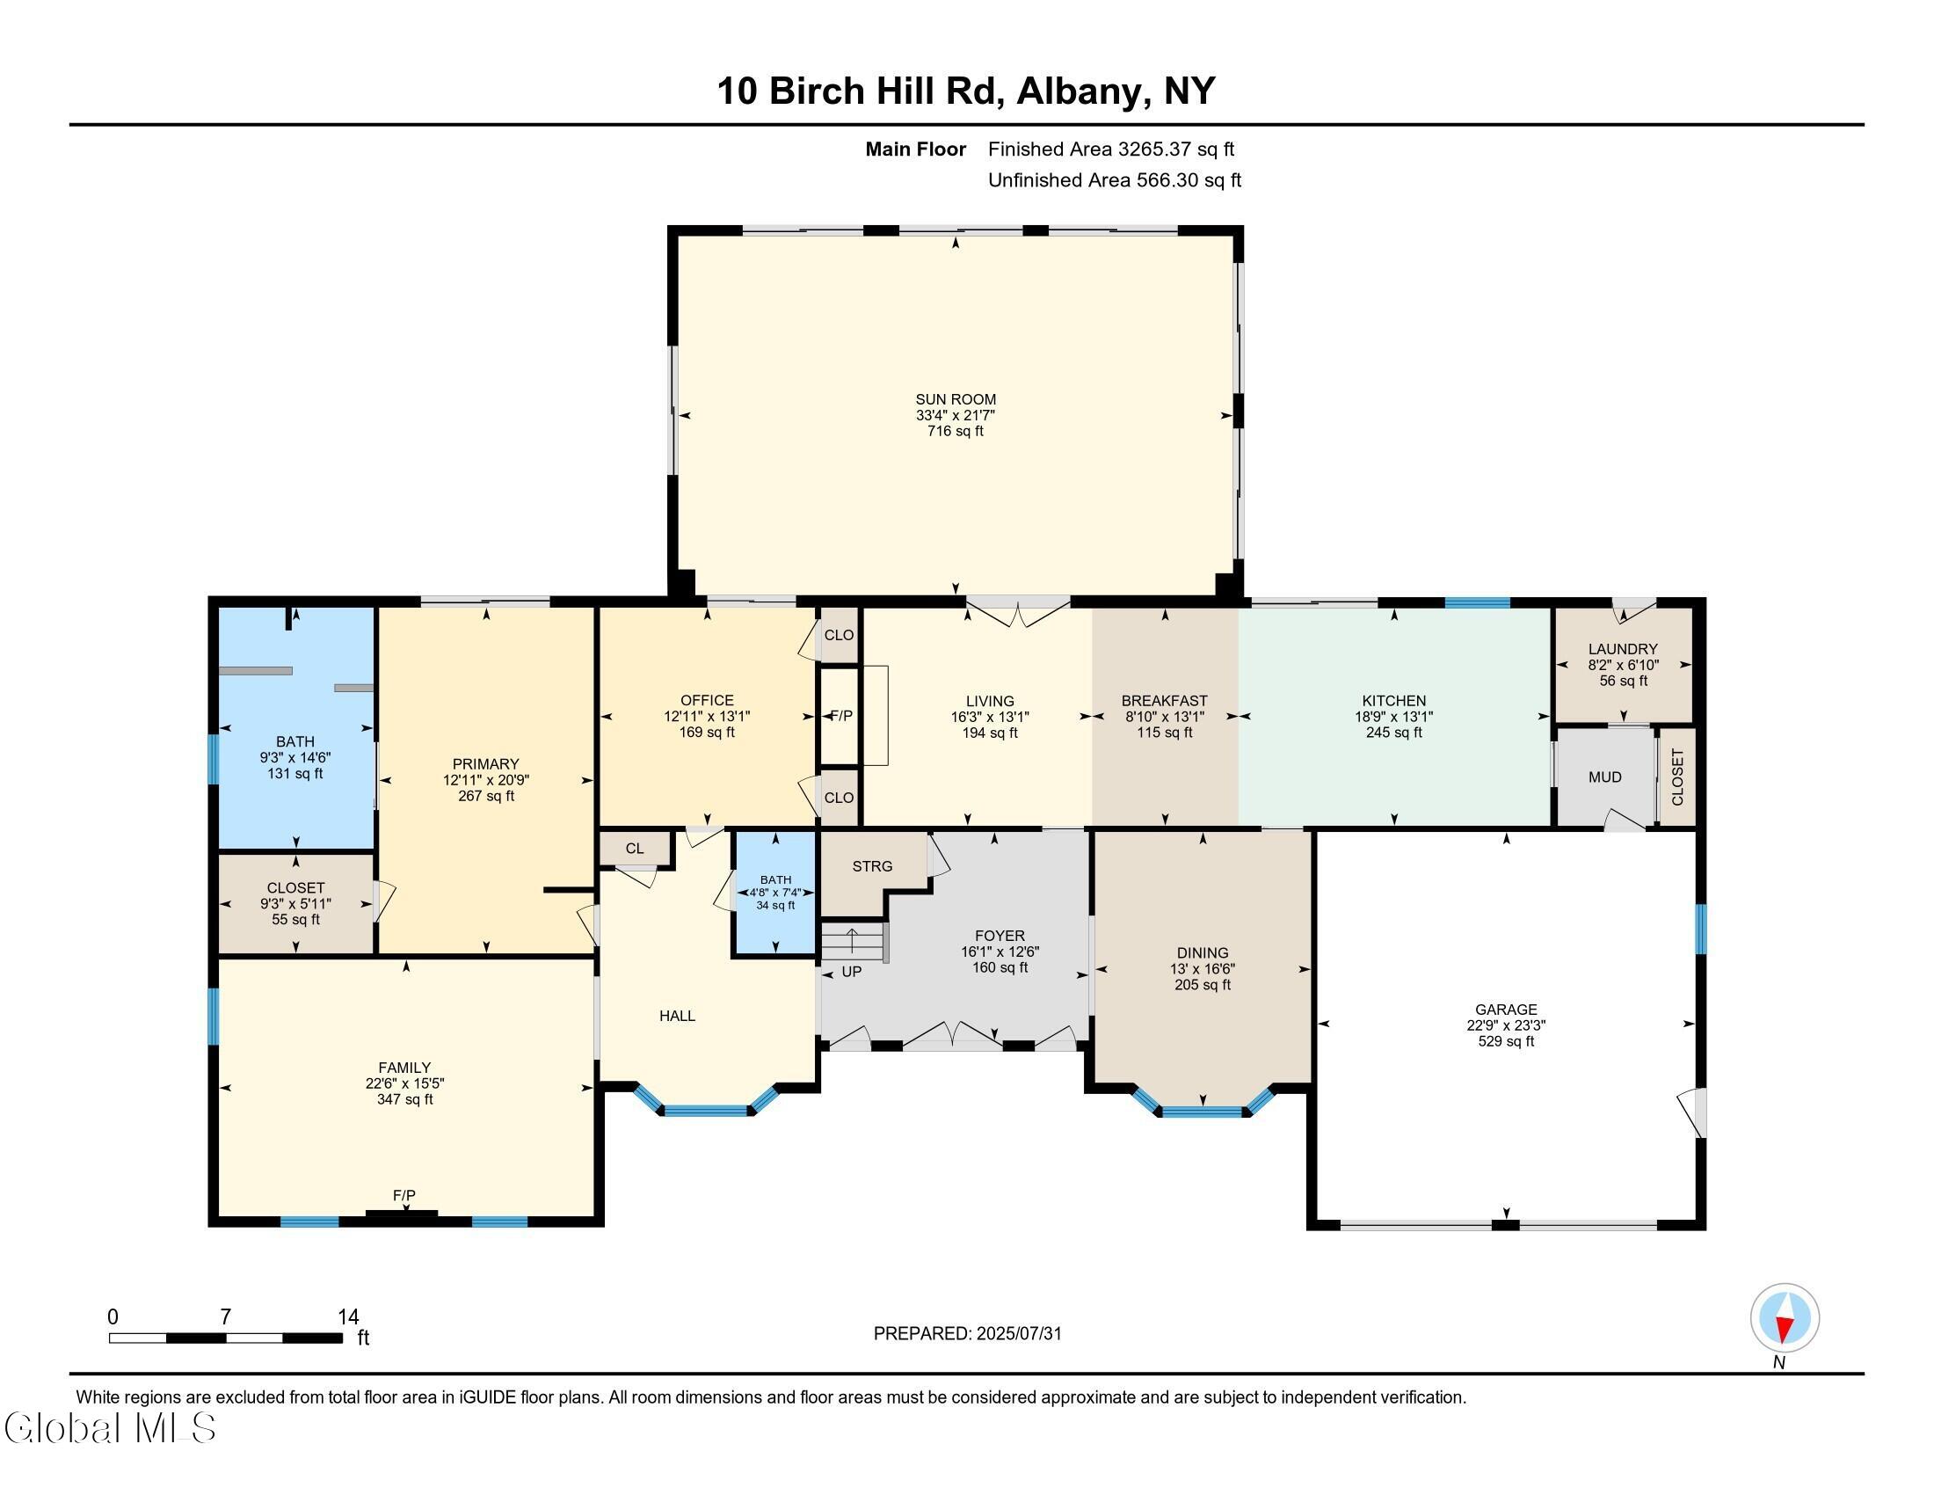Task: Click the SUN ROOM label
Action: (x=955, y=399)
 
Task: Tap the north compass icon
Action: (x=1785, y=1318)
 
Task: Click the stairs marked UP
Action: (x=853, y=943)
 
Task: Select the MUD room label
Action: (x=1604, y=777)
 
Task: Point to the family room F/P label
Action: (x=404, y=1196)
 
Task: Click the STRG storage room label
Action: (x=872, y=866)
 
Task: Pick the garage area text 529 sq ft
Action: (x=1505, y=1041)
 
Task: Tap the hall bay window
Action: (x=706, y=1109)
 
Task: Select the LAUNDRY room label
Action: (x=1622, y=648)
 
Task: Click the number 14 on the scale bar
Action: (x=348, y=1317)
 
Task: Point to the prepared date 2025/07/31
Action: (x=1017, y=1334)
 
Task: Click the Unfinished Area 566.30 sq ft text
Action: (x=1114, y=180)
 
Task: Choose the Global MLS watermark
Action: (x=110, y=1428)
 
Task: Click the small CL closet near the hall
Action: (x=634, y=849)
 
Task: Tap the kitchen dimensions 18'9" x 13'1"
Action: (x=1394, y=717)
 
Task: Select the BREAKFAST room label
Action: (x=1164, y=701)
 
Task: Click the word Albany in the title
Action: (x=1078, y=91)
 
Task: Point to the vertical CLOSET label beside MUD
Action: (x=1677, y=777)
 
